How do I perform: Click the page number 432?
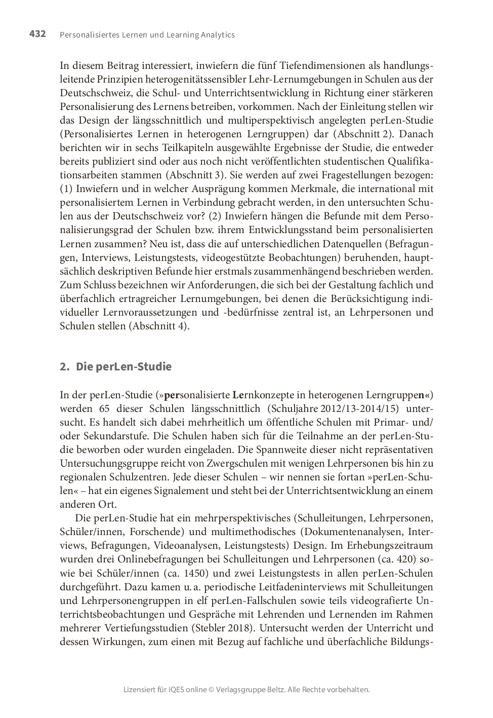coord(37,34)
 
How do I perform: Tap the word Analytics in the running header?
coord(218,35)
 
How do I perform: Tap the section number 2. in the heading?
coord(64,366)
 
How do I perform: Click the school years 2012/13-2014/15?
coord(336,408)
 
